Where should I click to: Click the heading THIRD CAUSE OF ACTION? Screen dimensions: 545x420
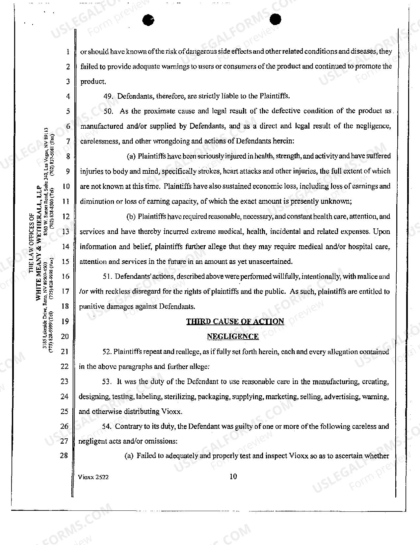(x=235, y=322)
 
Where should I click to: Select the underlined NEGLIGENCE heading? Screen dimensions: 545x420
(x=233, y=336)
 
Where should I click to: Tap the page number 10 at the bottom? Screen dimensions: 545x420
(x=233, y=476)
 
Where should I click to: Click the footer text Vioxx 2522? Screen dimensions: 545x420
(x=93, y=477)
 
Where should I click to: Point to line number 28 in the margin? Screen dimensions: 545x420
(x=64, y=455)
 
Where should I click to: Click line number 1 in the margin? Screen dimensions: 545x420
(x=67, y=52)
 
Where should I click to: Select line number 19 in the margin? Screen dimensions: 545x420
(x=65, y=322)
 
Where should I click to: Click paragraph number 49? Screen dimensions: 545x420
(x=108, y=96)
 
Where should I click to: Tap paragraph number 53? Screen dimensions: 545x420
(x=107, y=382)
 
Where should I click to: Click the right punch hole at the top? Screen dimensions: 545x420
(x=275, y=19)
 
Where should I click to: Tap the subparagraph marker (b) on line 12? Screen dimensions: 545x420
(x=131, y=217)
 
